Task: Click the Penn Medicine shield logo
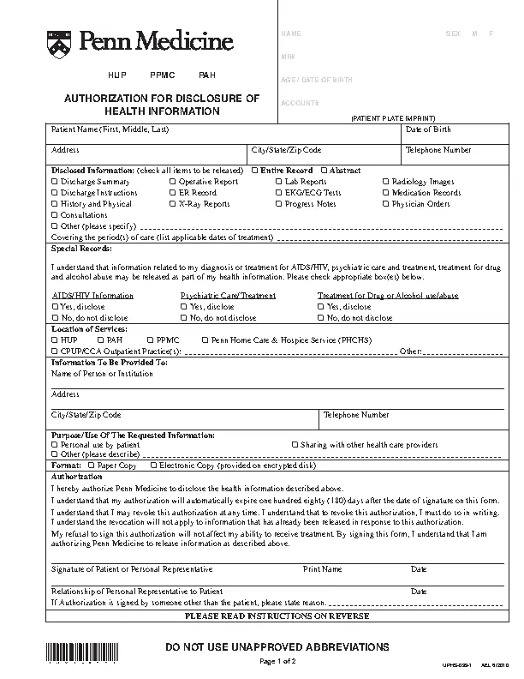[x=58, y=40]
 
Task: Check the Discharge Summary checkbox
[x=55, y=182]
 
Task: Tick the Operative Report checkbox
[x=172, y=182]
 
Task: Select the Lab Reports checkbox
[x=279, y=182]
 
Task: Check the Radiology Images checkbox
[x=386, y=182]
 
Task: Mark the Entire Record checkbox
[x=254, y=171]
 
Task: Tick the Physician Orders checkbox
[x=386, y=204]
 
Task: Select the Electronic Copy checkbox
[x=153, y=466]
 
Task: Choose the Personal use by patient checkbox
[x=55, y=445]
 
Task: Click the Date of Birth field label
[x=428, y=129]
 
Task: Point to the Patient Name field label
[x=110, y=129]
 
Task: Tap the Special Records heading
[x=80, y=248]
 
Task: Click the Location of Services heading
[x=89, y=328]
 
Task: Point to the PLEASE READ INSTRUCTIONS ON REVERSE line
[x=277, y=616]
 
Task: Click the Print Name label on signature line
[x=322, y=568]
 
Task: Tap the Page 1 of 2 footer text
[x=277, y=662]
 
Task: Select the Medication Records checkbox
[x=386, y=193]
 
